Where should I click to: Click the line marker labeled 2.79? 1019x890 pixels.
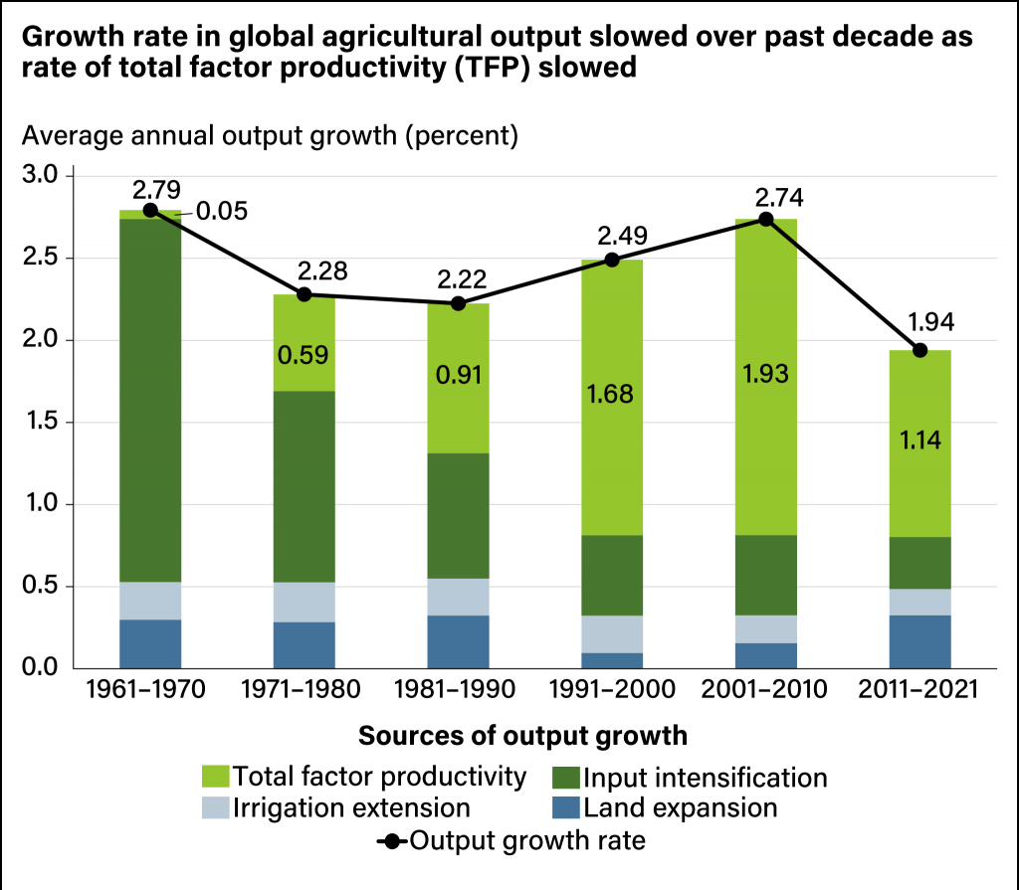pyautogui.click(x=150, y=210)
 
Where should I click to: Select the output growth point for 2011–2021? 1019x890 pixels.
pyautogui.click(x=919, y=350)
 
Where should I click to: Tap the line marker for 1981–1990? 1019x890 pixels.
pyautogui.click(x=458, y=303)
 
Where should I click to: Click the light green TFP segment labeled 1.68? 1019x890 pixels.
pyautogui.click(x=612, y=398)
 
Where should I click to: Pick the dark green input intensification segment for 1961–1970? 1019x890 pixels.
pyautogui.click(x=150, y=400)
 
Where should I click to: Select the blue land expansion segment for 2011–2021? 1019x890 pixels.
pyautogui.click(x=919, y=641)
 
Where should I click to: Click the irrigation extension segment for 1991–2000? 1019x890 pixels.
pyautogui.click(x=612, y=634)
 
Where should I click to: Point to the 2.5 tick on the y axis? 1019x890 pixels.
pyautogui.click(x=40, y=258)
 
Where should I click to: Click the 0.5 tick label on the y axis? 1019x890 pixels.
pyautogui.click(x=40, y=586)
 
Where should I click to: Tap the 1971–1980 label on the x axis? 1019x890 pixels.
pyautogui.click(x=301, y=689)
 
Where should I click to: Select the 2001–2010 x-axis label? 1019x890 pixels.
pyautogui.click(x=764, y=689)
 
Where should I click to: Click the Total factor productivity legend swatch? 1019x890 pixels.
pyautogui.click(x=215, y=777)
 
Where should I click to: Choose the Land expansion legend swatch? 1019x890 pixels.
pyautogui.click(x=565, y=807)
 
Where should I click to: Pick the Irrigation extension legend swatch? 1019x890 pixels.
pyautogui.click(x=215, y=807)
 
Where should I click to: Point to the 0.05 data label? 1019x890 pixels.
pyautogui.click(x=222, y=211)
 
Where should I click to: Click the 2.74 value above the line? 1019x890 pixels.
pyautogui.click(x=779, y=198)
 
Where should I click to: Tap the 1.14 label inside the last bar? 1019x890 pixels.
pyautogui.click(x=920, y=441)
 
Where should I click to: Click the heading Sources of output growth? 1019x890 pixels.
pyautogui.click(x=523, y=736)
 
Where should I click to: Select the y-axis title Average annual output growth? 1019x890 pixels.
pyautogui.click(x=210, y=136)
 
